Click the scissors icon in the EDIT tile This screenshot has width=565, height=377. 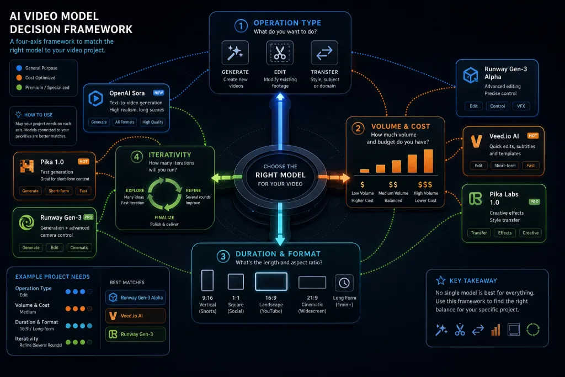coord(280,53)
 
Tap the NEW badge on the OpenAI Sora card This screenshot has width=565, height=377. coord(158,93)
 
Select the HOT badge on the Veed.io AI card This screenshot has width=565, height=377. coord(533,136)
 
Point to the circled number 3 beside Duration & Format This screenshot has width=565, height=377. coord(223,256)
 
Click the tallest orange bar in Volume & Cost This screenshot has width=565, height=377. coord(428,161)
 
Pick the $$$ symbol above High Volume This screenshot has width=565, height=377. coord(425,184)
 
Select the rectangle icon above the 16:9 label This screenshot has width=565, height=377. coord(271,282)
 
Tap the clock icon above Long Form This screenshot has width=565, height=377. coord(344,283)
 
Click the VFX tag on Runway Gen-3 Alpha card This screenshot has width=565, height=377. coord(521,106)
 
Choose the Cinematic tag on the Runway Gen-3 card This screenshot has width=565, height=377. coord(79,248)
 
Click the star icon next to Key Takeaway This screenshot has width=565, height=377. coord(441,280)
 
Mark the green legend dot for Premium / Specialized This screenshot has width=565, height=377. coord(19,87)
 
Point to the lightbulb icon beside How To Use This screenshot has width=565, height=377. coord(18,115)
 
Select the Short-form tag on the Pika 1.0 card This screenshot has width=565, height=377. coord(58,190)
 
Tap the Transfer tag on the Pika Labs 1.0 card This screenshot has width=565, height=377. coord(478,233)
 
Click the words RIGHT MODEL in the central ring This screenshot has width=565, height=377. coord(280,175)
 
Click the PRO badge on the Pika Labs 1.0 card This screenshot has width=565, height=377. coord(534,202)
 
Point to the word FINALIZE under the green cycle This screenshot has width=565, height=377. coord(164,217)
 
